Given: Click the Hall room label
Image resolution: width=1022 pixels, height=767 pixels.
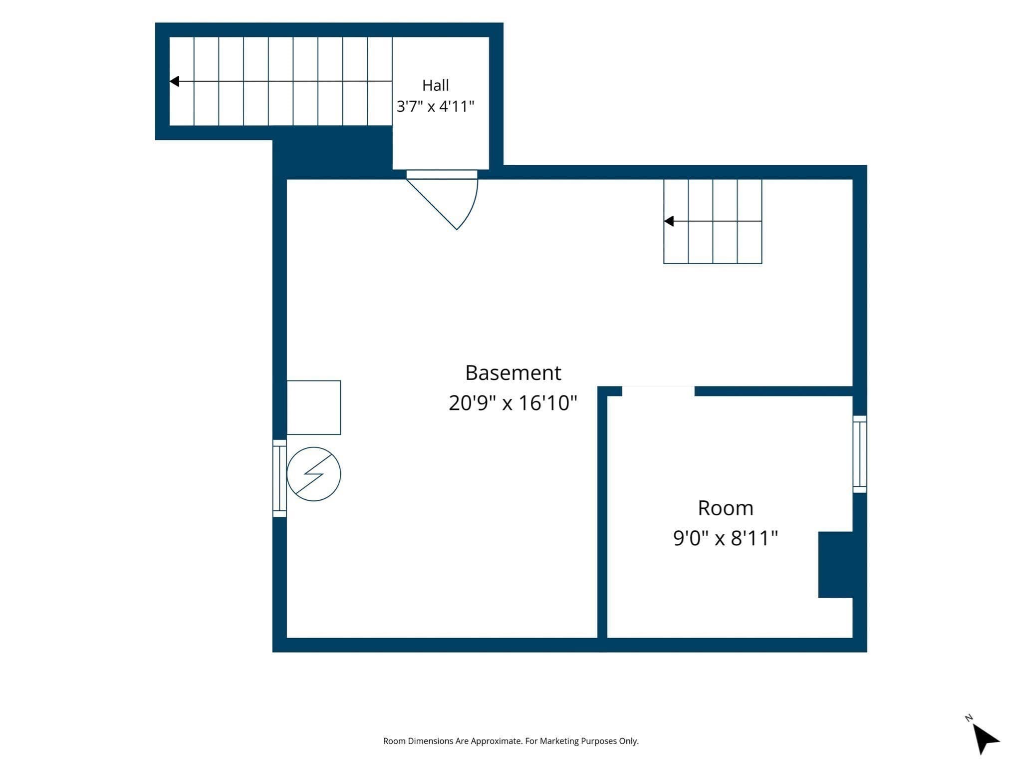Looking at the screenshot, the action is coord(435,85).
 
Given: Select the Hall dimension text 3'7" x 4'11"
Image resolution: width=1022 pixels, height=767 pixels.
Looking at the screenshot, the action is coord(435,106).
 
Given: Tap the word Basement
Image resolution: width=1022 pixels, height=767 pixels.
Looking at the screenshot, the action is coord(513,373).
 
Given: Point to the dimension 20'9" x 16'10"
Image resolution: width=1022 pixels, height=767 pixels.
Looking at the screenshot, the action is coord(513,402).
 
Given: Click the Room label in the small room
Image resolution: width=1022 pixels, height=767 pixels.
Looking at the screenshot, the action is coord(726,508).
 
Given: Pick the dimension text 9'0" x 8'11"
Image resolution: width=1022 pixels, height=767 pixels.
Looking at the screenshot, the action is coord(726,538).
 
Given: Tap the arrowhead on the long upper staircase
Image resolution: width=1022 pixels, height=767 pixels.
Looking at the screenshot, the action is coord(174,81).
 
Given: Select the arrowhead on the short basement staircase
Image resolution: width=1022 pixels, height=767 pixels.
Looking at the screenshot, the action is coord(669,221).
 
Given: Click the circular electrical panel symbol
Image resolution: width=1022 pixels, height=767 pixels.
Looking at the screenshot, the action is coord(313,474).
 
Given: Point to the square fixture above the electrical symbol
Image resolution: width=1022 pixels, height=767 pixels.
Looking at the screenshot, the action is coord(313,407).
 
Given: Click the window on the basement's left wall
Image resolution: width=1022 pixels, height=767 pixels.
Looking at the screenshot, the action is coord(279,478).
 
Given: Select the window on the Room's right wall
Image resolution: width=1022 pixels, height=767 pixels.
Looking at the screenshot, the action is coord(860,454).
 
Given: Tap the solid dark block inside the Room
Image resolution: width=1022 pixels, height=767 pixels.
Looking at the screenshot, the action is coord(835,564).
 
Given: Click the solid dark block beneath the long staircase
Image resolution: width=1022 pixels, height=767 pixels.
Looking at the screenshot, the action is coord(332,152).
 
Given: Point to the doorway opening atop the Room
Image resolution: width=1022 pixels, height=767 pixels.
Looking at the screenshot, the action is coord(658,391).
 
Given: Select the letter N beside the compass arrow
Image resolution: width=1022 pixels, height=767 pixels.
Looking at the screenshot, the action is coord(969,718).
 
